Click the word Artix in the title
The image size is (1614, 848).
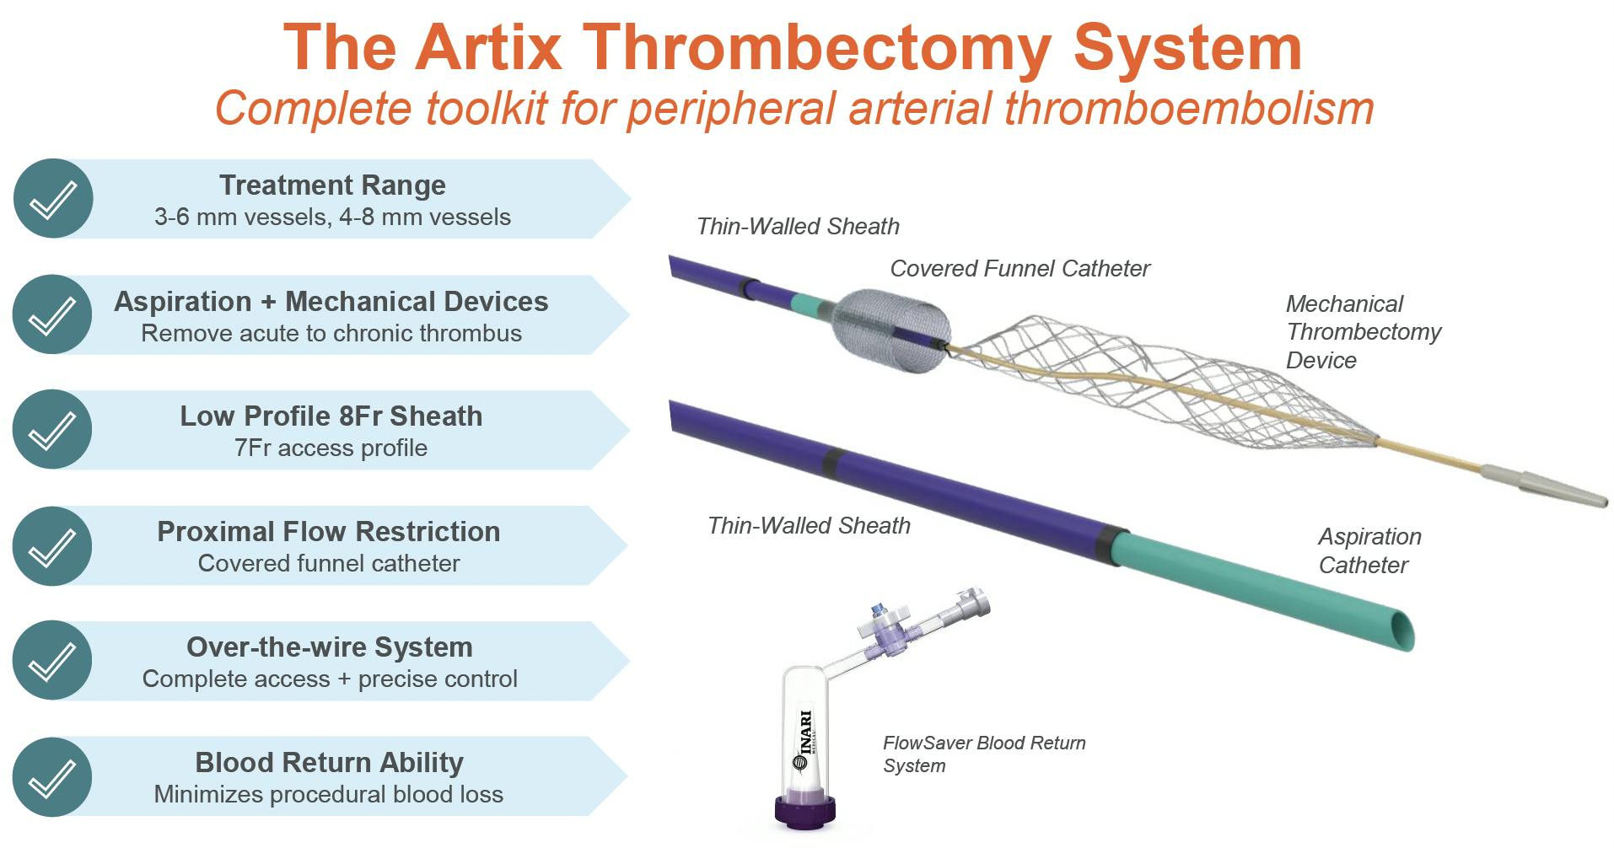(488, 48)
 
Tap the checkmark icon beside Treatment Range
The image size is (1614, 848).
(53, 199)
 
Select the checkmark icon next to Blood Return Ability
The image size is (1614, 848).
(52, 777)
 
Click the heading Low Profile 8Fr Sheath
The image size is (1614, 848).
(331, 416)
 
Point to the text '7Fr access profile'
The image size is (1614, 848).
(331, 448)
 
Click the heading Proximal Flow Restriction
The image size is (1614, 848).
(328, 531)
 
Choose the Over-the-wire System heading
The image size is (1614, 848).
(329, 647)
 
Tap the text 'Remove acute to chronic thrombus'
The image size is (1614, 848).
(331, 333)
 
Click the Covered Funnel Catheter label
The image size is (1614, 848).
(1020, 268)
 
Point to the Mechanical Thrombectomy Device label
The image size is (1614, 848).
(1363, 331)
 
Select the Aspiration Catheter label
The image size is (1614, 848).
(1369, 550)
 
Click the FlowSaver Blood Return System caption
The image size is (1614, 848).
(983, 754)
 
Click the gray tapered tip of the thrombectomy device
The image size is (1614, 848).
(1543, 486)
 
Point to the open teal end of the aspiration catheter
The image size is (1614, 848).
(1401, 631)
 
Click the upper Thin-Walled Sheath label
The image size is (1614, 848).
(798, 226)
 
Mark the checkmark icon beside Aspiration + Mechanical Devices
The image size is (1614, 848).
(52, 314)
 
